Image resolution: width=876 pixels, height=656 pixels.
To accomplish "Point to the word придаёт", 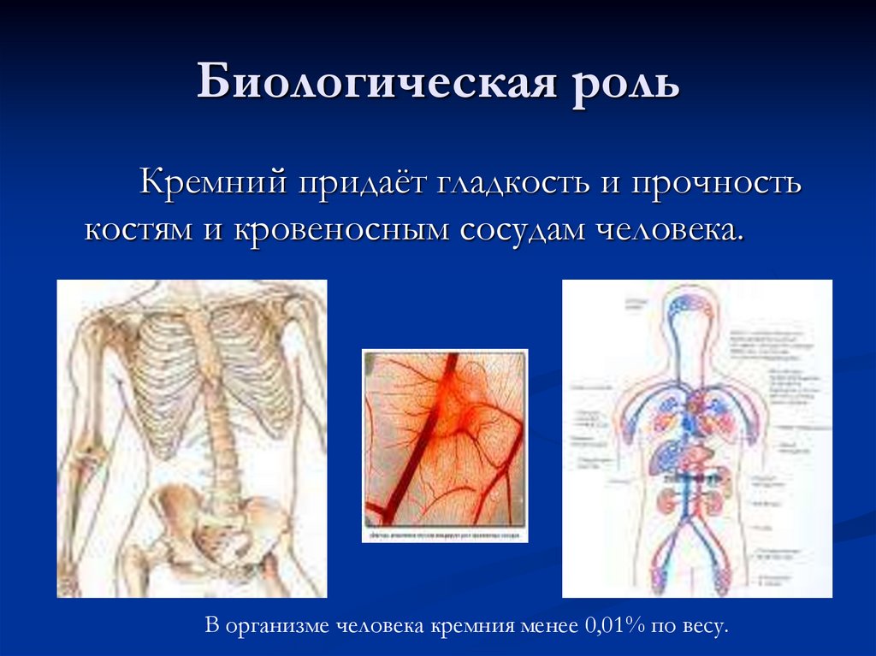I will click(358, 182).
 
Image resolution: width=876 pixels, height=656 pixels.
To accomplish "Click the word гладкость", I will click(511, 182).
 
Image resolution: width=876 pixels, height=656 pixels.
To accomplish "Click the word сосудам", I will click(522, 230).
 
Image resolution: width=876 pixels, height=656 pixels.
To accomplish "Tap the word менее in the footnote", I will click(545, 625).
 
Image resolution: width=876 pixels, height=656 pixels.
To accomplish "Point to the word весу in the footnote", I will click(706, 625).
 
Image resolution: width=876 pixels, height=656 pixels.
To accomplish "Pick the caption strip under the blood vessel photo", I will click(444, 535).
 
